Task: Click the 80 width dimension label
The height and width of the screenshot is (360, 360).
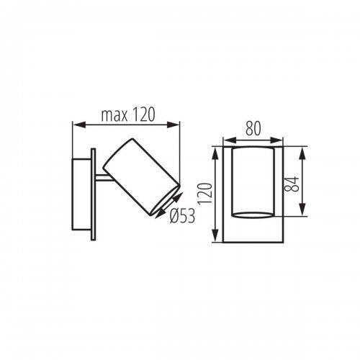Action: pyautogui.click(x=253, y=130)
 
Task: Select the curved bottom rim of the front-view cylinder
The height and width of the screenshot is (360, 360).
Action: pyautogui.click(x=253, y=214)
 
